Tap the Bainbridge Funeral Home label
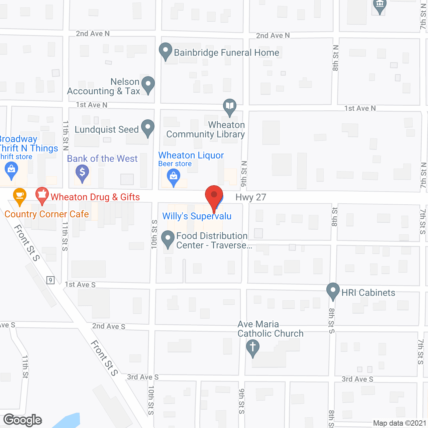tap(226, 53)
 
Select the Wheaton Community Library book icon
tap(230, 106)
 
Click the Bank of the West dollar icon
tap(82, 173)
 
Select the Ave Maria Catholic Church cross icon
tap(253, 347)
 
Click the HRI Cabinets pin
tap(333, 291)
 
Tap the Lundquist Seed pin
tap(147, 127)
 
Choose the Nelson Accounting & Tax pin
tap(148, 84)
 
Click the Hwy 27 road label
tap(251, 197)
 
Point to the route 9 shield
tap(50, 280)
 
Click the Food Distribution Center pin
tap(168, 239)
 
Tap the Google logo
tap(23, 420)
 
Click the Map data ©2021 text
tap(400, 423)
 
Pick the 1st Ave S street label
tap(80, 285)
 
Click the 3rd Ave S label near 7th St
tap(357, 379)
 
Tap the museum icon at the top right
tap(380, 5)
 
